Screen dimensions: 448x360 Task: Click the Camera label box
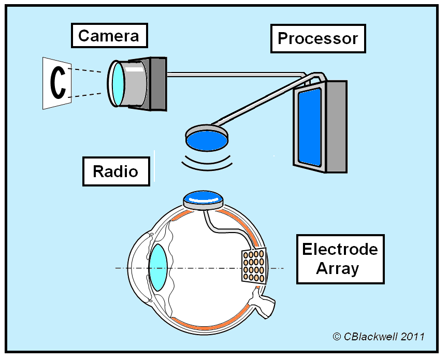coord(109,35)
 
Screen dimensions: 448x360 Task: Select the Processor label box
coord(318,38)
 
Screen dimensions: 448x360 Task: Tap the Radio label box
coord(116,171)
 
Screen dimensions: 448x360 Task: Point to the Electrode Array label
coord(340,259)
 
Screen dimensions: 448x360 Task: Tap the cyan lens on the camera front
coord(118,84)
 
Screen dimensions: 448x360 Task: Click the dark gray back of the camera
coord(158,84)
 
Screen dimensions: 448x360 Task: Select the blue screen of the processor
coord(310,127)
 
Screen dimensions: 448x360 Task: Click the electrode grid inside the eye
coord(254,266)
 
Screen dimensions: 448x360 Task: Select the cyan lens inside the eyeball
coord(158,267)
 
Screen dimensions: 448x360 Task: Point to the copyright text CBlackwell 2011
coord(379,337)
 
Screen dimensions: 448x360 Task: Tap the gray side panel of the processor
coord(337,126)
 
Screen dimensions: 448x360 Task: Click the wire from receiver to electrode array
coord(228,228)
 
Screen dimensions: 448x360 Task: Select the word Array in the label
coord(338,269)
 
